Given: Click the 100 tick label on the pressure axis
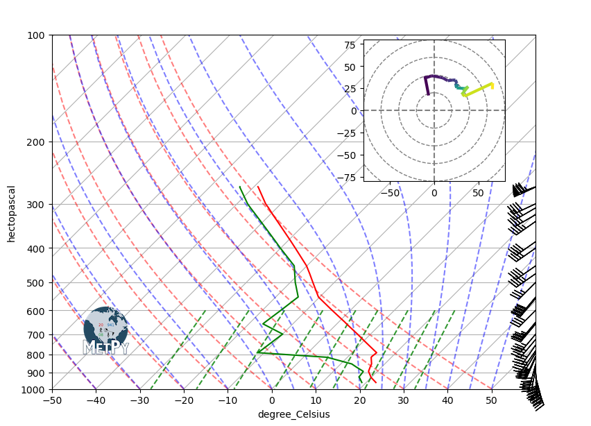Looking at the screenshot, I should tap(37, 35).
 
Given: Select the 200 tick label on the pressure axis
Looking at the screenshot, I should tap(37, 142).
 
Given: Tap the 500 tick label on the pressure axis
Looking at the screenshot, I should tap(37, 283).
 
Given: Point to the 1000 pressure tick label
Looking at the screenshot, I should tap(35, 389).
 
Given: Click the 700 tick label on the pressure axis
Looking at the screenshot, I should tap(37, 336).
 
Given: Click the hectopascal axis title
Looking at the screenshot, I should tap(12, 213).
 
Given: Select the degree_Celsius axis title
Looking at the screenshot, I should tap(293, 414).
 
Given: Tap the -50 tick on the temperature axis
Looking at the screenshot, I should tap(52, 400).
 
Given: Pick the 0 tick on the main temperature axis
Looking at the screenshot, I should tap(272, 400).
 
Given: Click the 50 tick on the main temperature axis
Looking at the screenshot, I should tap(491, 400).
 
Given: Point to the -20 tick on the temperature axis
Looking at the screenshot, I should tap(184, 400).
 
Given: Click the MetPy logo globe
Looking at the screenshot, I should tap(105, 327).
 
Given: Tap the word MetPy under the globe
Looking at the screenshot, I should tap(105, 348).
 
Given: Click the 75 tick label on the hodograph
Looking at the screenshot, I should tap(350, 45).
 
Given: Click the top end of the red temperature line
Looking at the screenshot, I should tap(258, 187).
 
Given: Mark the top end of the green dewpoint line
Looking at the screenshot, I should tap(241, 187).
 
